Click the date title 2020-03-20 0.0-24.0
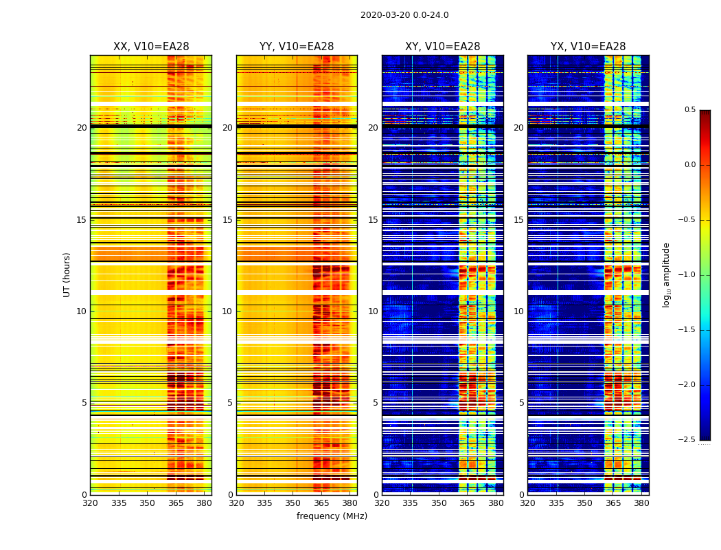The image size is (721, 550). (x=404, y=15)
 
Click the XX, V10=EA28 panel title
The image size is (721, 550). (x=151, y=47)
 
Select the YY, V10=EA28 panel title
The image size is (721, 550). (x=297, y=47)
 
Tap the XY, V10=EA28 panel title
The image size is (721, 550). (x=442, y=47)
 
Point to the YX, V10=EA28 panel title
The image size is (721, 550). (x=588, y=47)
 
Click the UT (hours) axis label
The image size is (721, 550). (x=67, y=274)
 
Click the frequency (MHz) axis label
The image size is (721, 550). (x=332, y=516)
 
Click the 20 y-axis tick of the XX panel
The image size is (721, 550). (x=82, y=128)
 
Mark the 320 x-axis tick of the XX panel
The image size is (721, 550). (x=90, y=503)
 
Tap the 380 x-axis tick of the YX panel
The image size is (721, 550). (x=641, y=503)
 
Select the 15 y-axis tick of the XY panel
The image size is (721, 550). (x=374, y=220)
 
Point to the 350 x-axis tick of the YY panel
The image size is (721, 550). (x=293, y=503)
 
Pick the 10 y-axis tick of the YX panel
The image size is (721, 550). (x=519, y=311)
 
